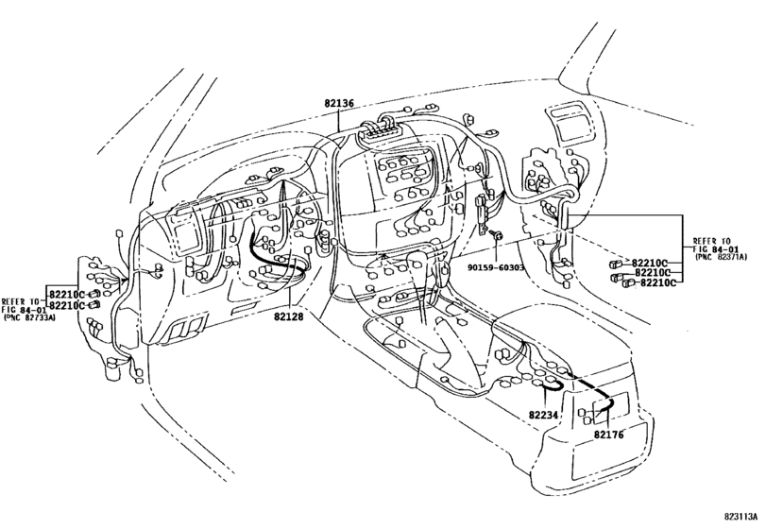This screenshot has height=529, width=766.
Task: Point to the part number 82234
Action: click(x=544, y=415)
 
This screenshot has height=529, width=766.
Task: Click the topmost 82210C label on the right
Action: click(x=651, y=262)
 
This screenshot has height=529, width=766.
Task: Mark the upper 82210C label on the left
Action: click(x=67, y=296)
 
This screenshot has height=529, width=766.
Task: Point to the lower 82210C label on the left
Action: click(x=67, y=306)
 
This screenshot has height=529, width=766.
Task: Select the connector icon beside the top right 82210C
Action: click(x=616, y=262)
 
